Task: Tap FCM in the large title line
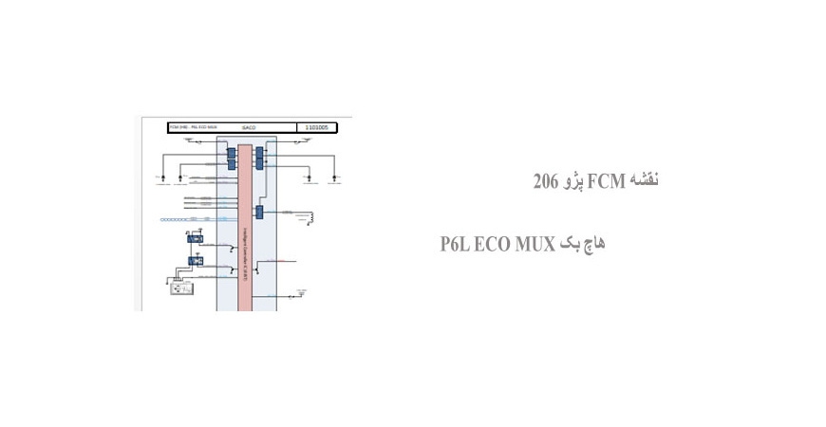pyautogui.click(x=605, y=180)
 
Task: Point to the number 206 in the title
pyautogui.click(x=544, y=180)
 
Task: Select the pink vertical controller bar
pyautogui.click(x=244, y=228)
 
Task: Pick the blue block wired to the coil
pyautogui.click(x=259, y=212)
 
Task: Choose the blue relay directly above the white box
pyautogui.click(x=196, y=260)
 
